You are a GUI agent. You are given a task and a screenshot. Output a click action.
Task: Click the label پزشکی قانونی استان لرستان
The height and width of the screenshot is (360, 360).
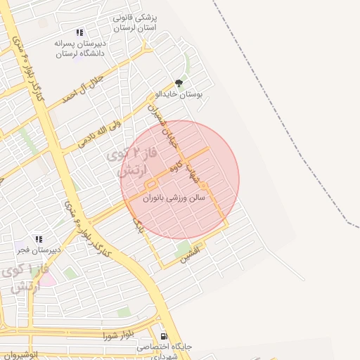pos(136,21)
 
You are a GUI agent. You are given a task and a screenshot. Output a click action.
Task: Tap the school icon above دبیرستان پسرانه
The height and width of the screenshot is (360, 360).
pos(79,32)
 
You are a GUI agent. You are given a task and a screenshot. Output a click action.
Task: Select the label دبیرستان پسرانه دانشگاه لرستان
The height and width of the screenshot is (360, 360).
pos(79,48)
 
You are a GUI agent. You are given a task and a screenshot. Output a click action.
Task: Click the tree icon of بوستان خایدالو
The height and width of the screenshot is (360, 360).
pos(179,82)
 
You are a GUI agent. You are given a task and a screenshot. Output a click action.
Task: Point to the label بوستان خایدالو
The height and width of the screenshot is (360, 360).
pos(179,94)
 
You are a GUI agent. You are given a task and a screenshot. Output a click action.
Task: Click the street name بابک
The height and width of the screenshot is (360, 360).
pos(139,225)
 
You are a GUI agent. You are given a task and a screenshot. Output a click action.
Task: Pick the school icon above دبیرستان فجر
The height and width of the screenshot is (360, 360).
pos(39,239)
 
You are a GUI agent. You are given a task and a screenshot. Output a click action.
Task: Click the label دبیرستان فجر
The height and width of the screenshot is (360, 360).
pos(39,250)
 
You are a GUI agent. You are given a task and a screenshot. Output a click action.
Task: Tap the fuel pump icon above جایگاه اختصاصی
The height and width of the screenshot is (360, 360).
pos(164,337)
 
